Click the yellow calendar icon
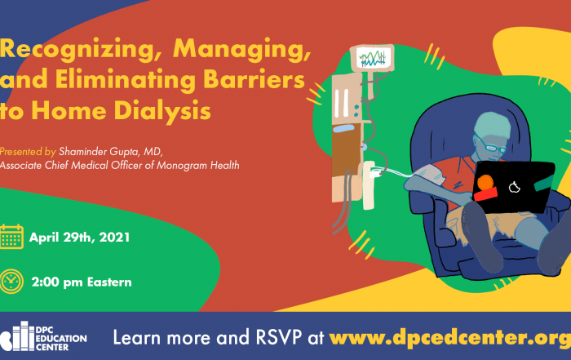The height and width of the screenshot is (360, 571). tap(11, 237)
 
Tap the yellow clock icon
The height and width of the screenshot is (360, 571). tap(11, 282)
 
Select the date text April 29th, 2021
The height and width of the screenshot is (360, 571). tap(79, 238)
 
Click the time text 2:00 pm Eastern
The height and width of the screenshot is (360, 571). tap(82, 282)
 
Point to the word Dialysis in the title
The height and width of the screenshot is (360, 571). tap(162, 111)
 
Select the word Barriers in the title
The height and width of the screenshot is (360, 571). tap(254, 78)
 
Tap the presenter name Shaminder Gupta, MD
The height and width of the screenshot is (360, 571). tap(111, 151)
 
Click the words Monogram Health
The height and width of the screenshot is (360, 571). tap(198, 166)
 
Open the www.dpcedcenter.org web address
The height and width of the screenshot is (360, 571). tap(450, 337)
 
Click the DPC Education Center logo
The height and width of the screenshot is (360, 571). tap(43, 336)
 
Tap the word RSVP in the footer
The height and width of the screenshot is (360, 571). tap(279, 337)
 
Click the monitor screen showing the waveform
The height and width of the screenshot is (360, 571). tap(372, 58)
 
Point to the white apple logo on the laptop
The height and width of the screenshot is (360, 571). tap(514, 187)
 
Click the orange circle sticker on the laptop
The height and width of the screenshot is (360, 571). tap(485, 182)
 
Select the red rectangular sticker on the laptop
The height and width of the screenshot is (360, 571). tap(486, 193)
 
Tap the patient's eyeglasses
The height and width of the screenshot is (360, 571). tap(492, 146)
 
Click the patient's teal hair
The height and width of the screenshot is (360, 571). tap(493, 126)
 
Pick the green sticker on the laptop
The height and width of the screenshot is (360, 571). tap(544, 184)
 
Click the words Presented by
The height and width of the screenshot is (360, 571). tap(28, 151)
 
